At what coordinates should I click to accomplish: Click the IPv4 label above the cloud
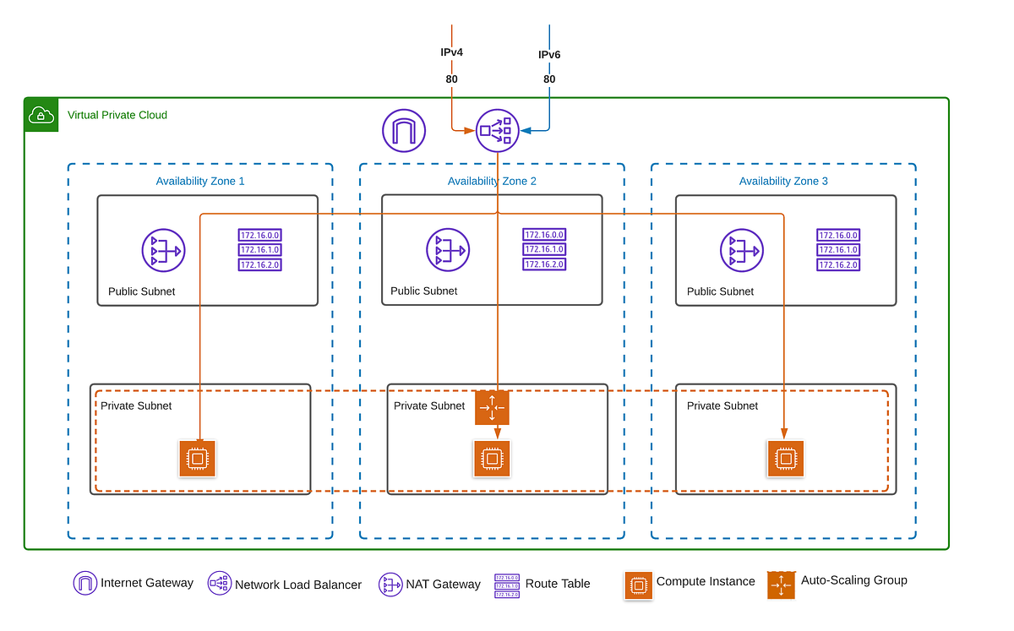(x=451, y=52)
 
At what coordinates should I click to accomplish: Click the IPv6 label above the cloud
(x=549, y=55)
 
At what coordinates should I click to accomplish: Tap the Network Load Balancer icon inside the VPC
(x=497, y=130)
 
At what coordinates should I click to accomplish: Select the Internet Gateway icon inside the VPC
(x=404, y=130)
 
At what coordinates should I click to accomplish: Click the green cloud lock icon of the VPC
(x=41, y=115)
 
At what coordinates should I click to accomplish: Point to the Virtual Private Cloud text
(x=117, y=115)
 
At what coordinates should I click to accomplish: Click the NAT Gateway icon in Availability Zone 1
(x=163, y=250)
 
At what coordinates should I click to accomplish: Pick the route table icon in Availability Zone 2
(x=544, y=249)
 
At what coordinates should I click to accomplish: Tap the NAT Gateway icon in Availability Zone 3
(x=741, y=251)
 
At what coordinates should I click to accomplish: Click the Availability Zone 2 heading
(x=492, y=181)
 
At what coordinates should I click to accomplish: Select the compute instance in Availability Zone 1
(x=198, y=459)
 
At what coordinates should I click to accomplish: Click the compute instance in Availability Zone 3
(x=786, y=459)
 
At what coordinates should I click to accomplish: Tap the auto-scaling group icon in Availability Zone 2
(x=492, y=408)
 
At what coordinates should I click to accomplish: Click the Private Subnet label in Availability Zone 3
(x=722, y=405)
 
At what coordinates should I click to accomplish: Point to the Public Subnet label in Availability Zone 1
(x=142, y=291)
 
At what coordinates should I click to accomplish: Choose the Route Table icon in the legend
(x=507, y=584)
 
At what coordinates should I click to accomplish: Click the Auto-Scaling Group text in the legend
(x=853, y=580)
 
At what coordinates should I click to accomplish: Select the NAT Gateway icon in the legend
(x=390, y=584)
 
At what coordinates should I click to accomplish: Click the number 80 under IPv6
(x=549, y=79)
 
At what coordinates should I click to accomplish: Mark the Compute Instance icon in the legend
(x=638, y=585)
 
